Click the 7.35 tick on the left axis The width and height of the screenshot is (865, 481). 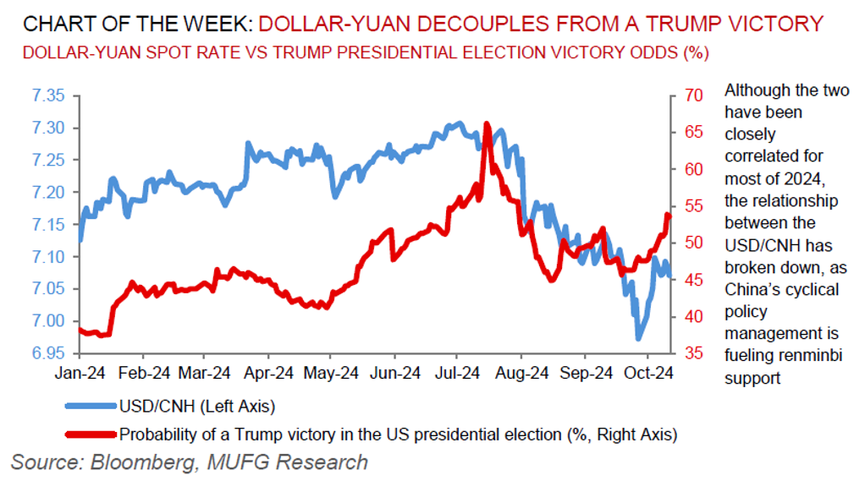48,96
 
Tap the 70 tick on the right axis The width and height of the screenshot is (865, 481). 694,96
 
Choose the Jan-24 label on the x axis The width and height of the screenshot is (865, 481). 80,372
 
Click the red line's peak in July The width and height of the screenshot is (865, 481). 486,124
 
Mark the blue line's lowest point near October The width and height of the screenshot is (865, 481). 638,338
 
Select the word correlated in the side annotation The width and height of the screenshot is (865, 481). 763,156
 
